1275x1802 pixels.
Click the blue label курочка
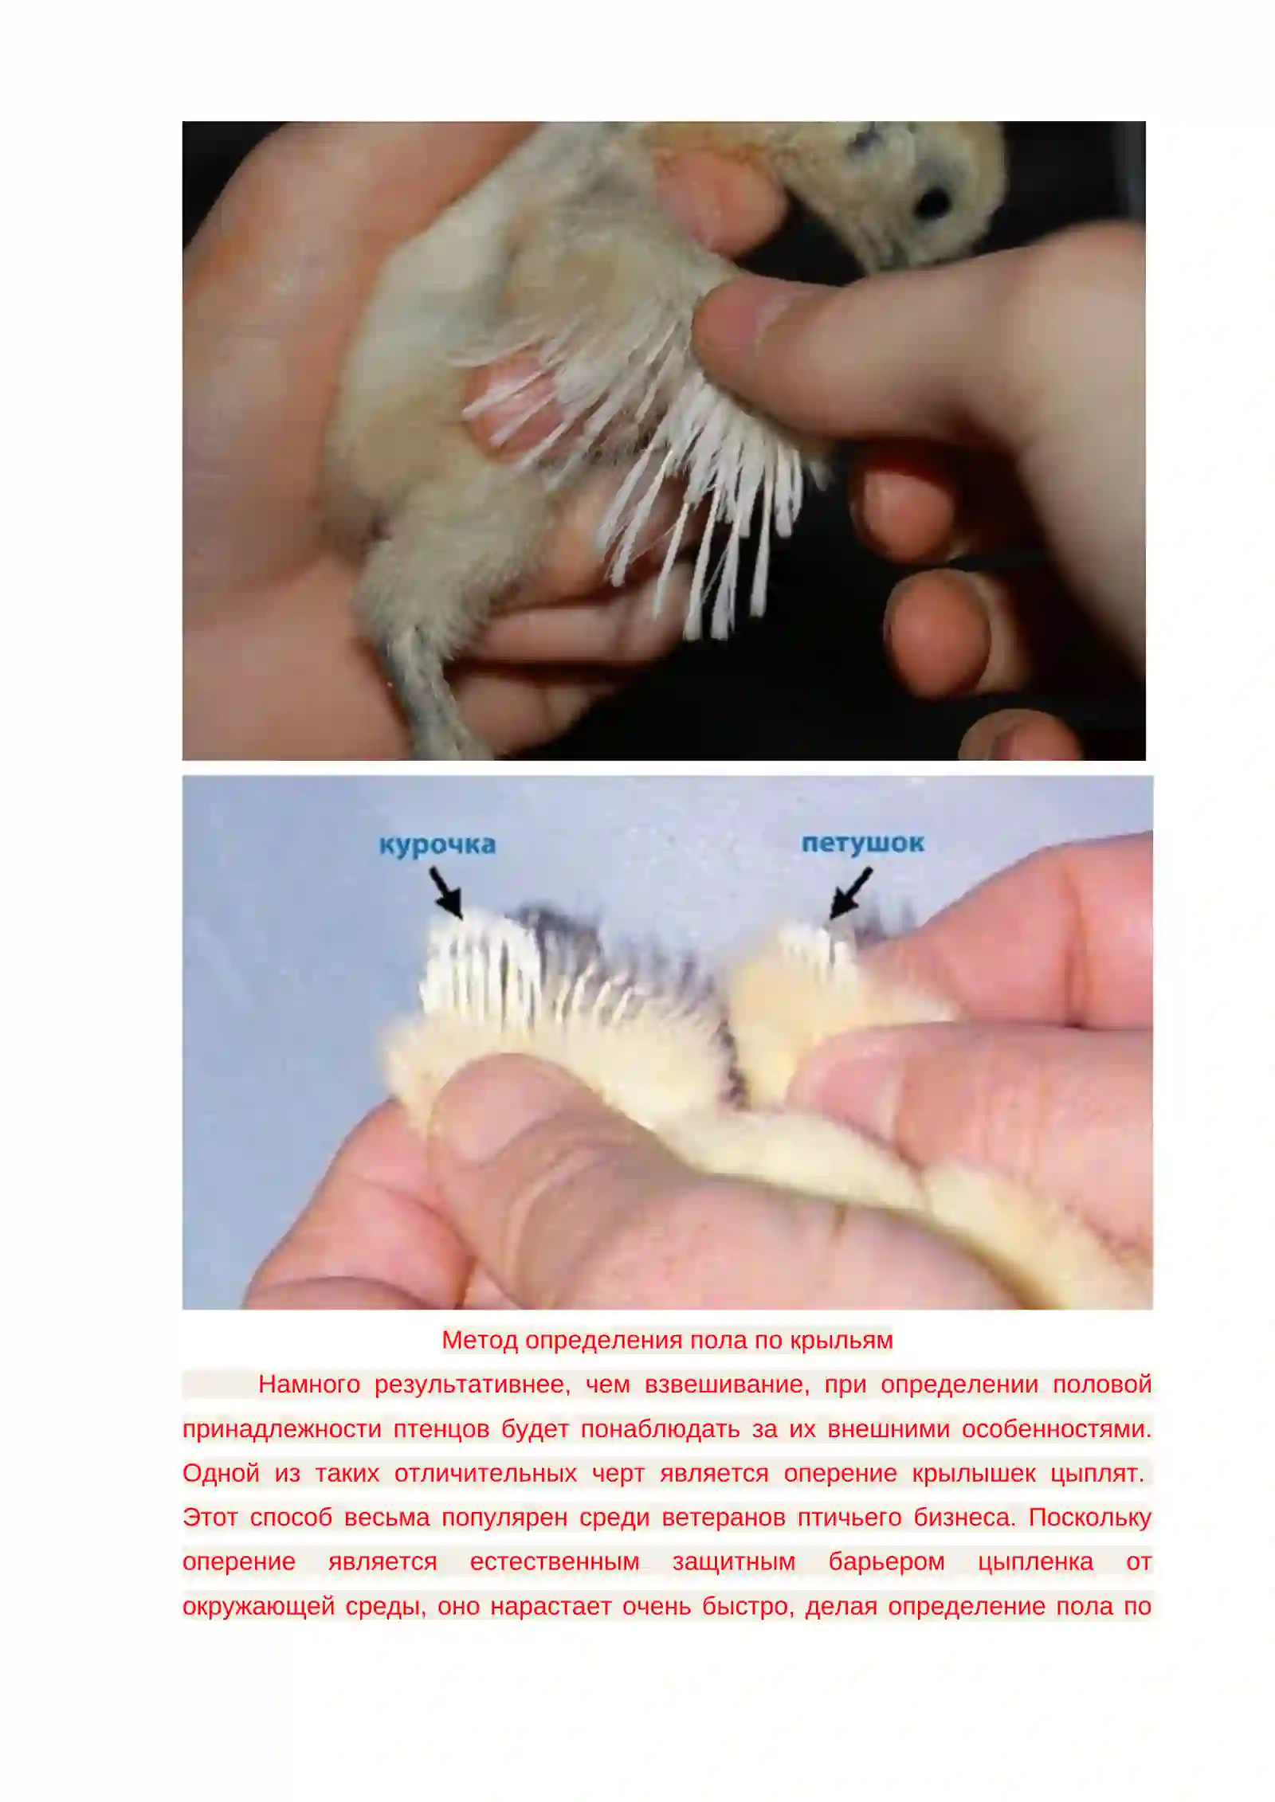tap(437, 844)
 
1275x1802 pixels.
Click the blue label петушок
tap(862, 843)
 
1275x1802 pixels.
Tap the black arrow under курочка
tap(446, 892)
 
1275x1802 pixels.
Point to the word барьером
tap(886, 1561)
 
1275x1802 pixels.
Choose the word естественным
tap(555, 1561)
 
